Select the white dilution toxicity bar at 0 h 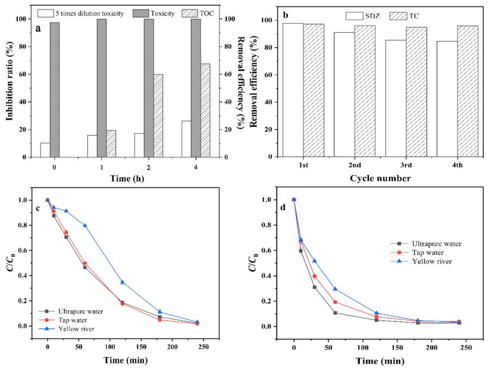click(x=45, y=150)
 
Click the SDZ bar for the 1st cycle click(x=293, y=90)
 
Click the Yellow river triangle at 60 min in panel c click(x=85, y=225)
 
